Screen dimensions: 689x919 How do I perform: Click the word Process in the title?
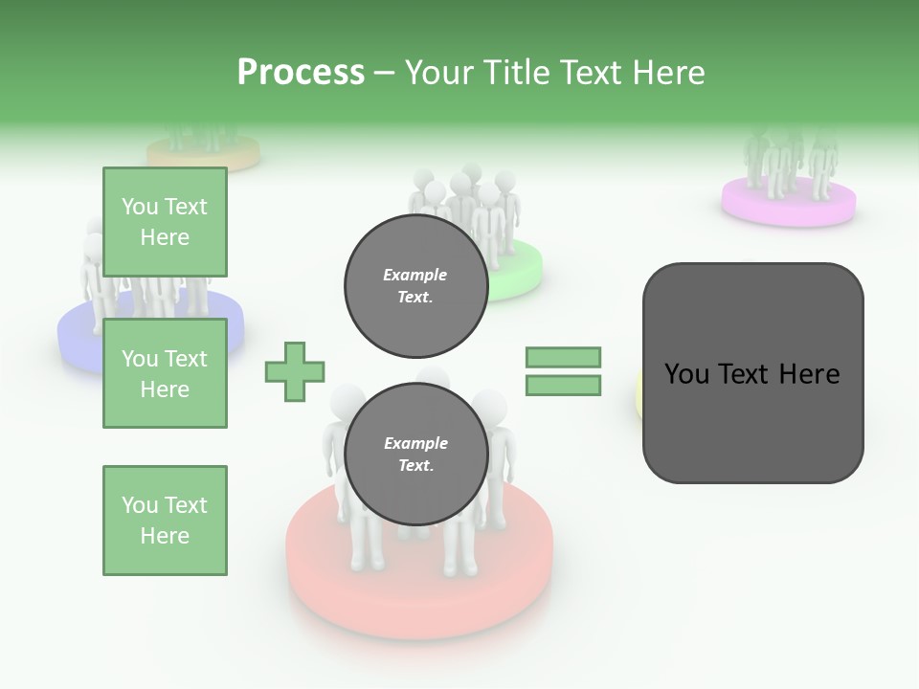[x=301, y=72]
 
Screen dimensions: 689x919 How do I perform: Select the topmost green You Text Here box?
[x=165, y=222]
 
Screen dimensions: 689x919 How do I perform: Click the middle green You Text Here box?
[x=165, y=373]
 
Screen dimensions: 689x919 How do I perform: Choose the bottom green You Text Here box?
[x=165, y=520]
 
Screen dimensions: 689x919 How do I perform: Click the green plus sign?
[x=295, y=371]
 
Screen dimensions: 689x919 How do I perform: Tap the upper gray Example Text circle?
[x=415, y=285]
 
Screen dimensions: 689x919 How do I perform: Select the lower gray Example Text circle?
[x=415, y=454]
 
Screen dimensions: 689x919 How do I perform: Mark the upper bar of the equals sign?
[x=563, y=357]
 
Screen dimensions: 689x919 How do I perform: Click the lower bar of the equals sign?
[x=563, y=385]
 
